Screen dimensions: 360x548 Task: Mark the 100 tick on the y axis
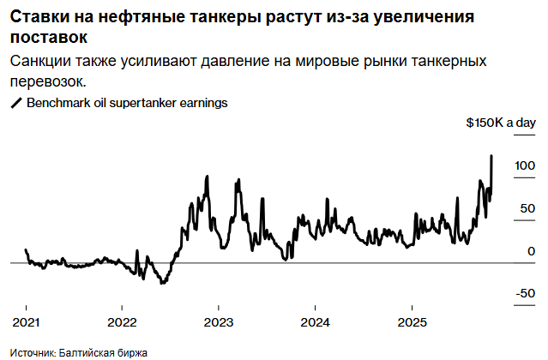pos(525,165)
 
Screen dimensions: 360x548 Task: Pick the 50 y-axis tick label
pos(528,207)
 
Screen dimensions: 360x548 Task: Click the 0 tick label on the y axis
pos(532,251)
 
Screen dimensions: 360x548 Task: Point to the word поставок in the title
pos(48,39)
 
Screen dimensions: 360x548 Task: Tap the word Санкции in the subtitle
pos(43,62)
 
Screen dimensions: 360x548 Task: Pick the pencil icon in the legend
pos(15,103)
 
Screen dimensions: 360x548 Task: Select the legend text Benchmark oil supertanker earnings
pos(127,103)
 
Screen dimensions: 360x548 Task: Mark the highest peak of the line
pos(491,156)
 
